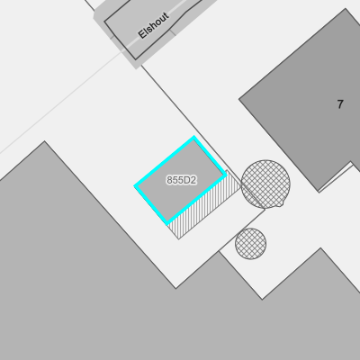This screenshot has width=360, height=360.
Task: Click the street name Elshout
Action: tap(154, 25)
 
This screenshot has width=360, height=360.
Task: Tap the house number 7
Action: tap(340, 104)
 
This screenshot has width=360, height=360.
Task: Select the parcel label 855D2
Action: tap(182, 180)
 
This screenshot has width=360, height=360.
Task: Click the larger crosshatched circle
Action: tap(265, 184)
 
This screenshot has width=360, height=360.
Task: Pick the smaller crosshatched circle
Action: tap(250, 244)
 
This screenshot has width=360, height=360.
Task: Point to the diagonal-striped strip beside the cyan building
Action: tap(204, 205)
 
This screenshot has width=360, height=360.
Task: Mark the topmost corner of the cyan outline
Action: tap(193, 138)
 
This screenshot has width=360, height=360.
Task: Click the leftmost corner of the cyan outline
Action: tap(135, 186)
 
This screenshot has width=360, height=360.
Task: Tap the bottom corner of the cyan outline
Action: tap(167, 223)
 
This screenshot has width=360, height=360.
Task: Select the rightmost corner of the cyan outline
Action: tap(225, 175)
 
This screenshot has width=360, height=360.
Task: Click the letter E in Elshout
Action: tap(142, 34)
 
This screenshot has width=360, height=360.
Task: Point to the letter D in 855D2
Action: tap(186, 180)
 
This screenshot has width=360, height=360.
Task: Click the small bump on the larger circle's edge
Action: tap(281, 204)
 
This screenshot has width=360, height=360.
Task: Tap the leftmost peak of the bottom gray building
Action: tap(45, 141)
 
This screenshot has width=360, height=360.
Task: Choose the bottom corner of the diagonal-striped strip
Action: tap(179, 239)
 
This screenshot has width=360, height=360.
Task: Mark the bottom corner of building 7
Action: tap(319, 191)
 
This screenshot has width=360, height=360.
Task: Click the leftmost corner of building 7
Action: tap(239, 99)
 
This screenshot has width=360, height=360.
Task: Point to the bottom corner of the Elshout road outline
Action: tap(135, 59)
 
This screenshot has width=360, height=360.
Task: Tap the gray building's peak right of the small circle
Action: tap(320, 247)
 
